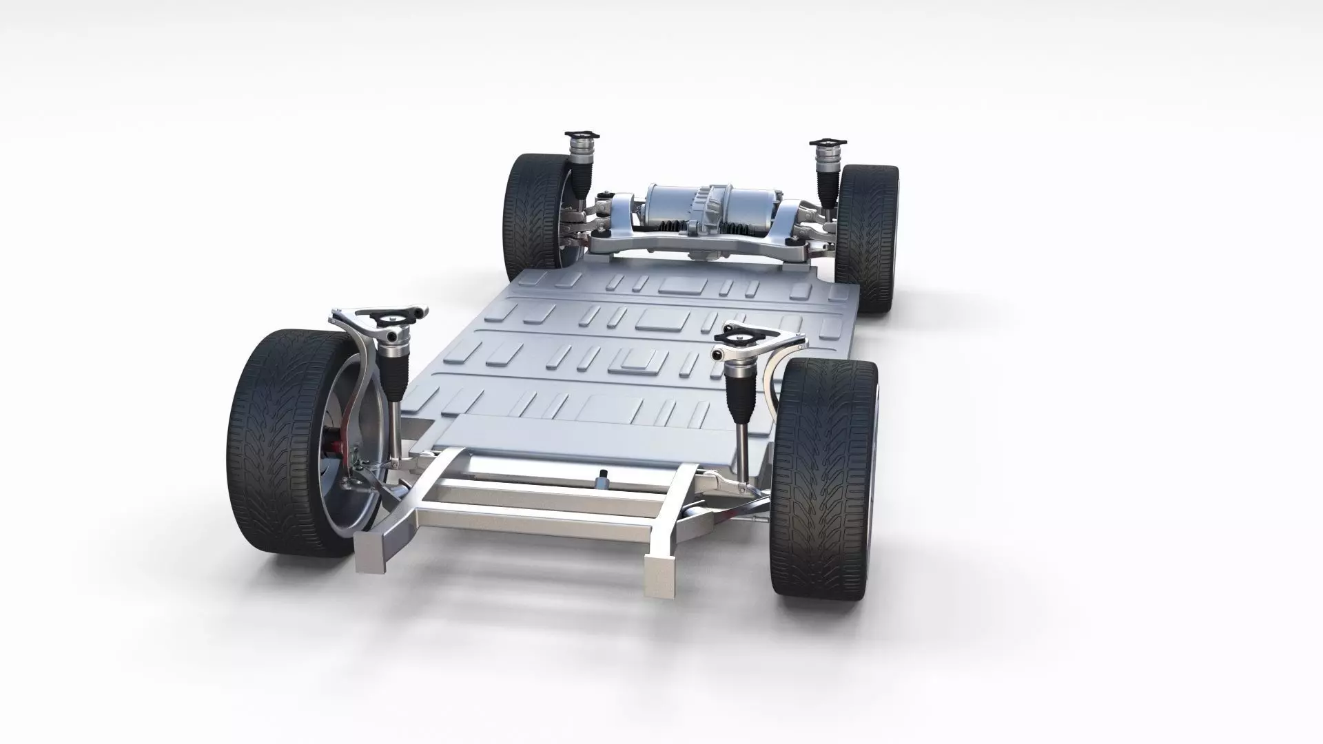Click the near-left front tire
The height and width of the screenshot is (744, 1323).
coord(276,448)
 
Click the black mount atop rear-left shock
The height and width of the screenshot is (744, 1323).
coord(580,134)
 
